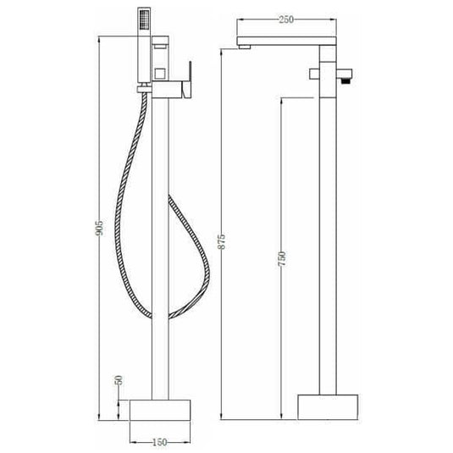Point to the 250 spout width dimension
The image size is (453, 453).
click(x=287, y=20)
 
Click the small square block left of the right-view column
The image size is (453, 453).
click(x=313, y=73)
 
